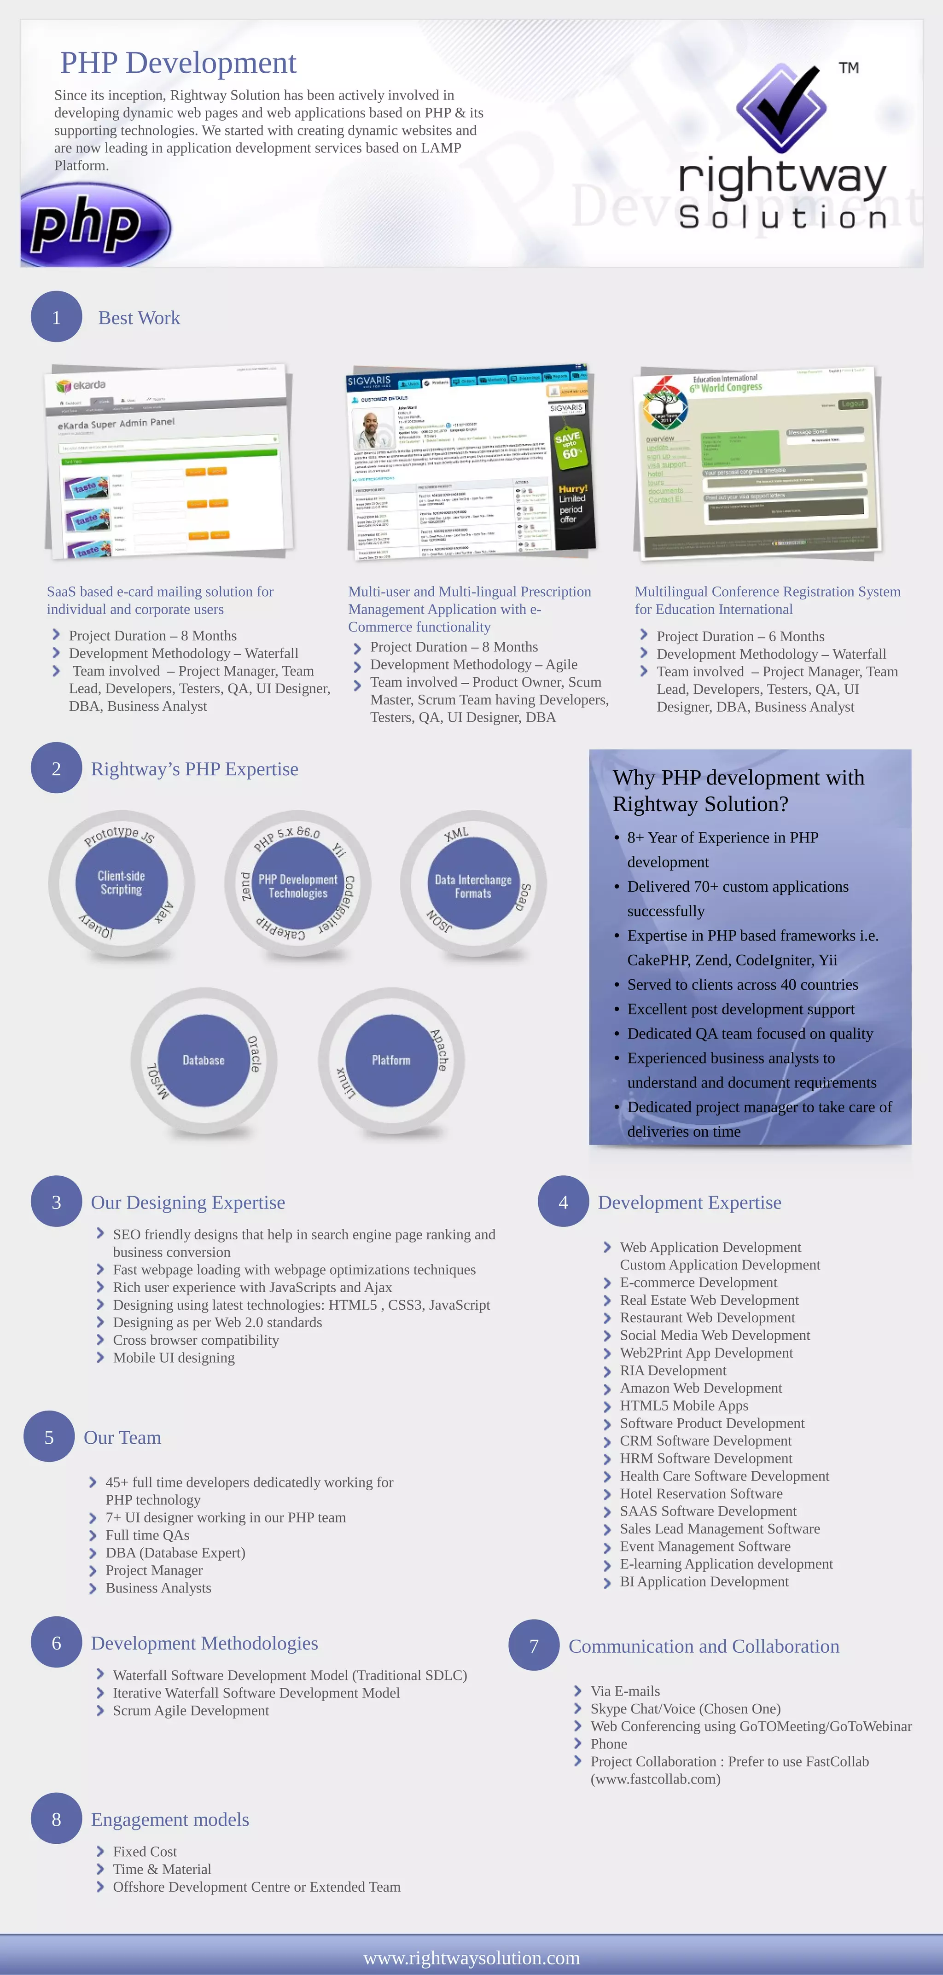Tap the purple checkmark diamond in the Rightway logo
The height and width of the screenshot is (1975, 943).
pyautogui.click(x=781, y=107)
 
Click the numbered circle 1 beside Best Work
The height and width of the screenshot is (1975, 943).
pyautogui.click(x=56, y=317)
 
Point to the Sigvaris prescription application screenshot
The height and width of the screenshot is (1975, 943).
pyautogui.click(x=471, y=462)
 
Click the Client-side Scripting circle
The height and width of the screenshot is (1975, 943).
pyautogui.click(x=121, y=883)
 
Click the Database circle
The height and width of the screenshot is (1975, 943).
pyautogui.click(x=203, y=1060)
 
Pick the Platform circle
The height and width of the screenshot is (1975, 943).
pyautogui.click(x=391, y=1060)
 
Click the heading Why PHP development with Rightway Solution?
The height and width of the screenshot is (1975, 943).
pyautogui.click(x=738, y=790)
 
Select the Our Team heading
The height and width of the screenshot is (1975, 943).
pyautogui.click(x=122, y=1438)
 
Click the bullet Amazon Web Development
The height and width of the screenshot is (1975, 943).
pyautogui.click(x=701, y=1388)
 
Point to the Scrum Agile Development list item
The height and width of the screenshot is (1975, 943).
pyautogui.click(x=191, y=1710)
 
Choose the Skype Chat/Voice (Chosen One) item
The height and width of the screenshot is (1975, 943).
pyautogui.click(x=686, y=1708)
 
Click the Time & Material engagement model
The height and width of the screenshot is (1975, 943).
pyautogui.click(x=162, y=1869)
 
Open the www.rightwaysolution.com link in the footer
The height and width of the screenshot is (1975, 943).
pyautogui.click(x=471, y=1958)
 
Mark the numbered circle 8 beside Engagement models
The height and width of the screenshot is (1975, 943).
pyautogui.click(x=56, y=1818)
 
